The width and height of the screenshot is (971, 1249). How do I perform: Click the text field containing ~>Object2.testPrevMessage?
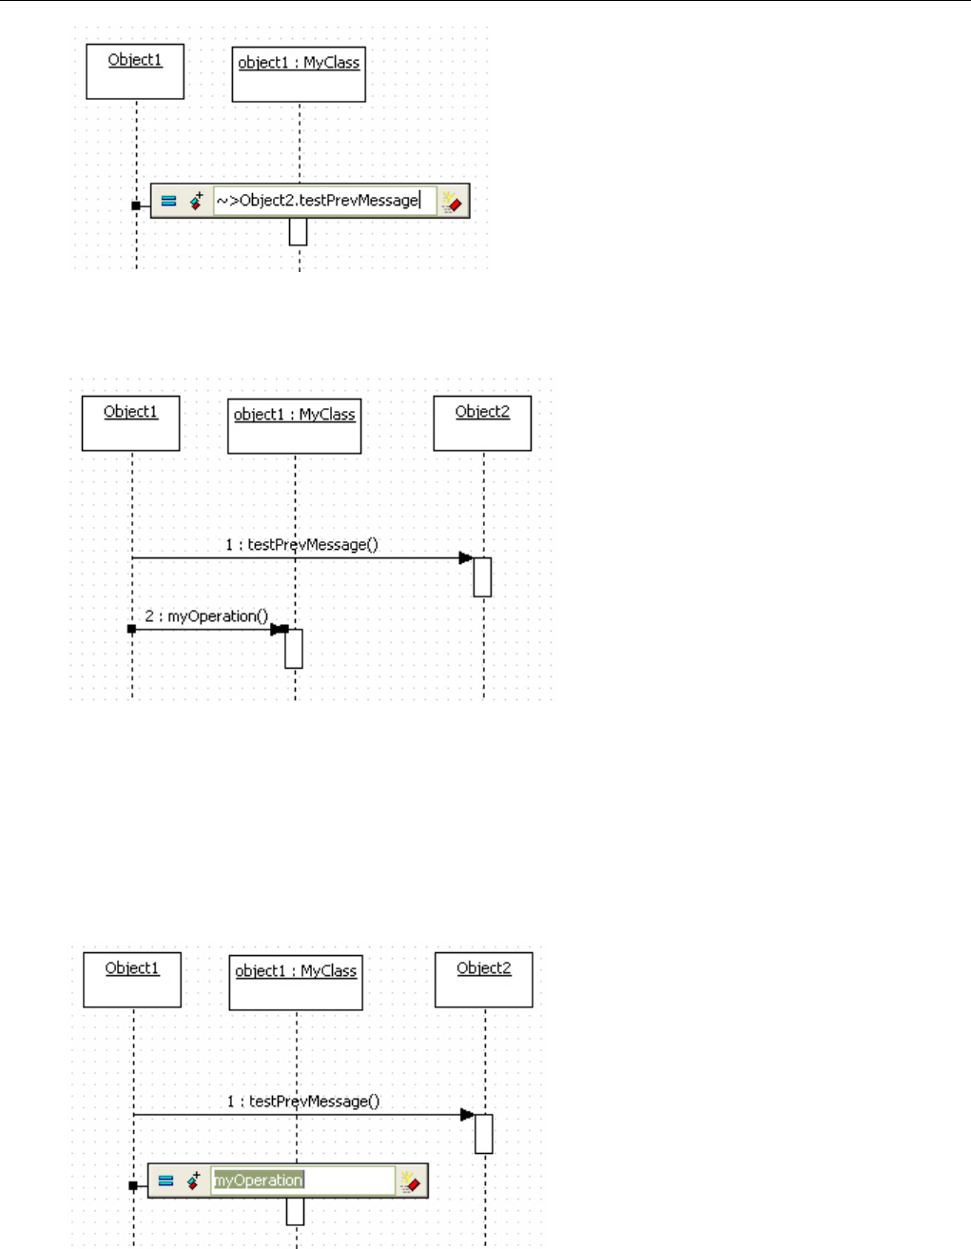click(x=323, y=201)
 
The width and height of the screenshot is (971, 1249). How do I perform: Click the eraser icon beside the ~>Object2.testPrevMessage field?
click(x=452, y=201)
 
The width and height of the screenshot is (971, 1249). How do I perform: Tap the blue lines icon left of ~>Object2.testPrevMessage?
click(x=168, y=201)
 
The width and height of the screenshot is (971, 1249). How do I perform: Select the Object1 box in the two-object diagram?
click(x=135, y=71)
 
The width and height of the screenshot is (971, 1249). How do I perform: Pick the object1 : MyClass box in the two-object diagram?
click(x=299, y=75)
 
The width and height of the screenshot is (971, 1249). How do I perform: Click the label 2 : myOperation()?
click(x=206, y=616)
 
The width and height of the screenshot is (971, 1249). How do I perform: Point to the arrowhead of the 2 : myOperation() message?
click(x=277, y=629)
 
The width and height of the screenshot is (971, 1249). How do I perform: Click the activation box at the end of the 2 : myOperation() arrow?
click(x=294, y=649)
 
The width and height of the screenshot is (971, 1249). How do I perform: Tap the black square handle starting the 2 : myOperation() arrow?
click(x=131, y=629)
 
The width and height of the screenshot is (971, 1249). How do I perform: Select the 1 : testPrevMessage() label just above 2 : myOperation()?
click(x=301, y=545)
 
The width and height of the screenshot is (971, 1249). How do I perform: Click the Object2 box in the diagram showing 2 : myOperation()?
click(x=482, y=423)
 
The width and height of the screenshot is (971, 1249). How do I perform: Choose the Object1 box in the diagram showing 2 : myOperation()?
click(x=131, y=423)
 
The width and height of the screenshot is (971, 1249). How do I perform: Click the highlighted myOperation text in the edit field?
click(x=258, y=1181)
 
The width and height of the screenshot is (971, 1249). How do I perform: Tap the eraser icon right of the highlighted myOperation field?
click(x=410, y=1181)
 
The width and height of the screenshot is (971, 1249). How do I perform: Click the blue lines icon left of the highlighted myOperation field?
click(x=165, y=1181)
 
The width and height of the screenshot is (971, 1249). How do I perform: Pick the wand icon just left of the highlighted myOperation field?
click(x=193, y=1181)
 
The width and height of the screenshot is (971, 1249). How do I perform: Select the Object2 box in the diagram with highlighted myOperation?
click(x=484, y=980)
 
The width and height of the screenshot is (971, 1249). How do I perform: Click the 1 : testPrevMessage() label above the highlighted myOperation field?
click(x=302, y=1102)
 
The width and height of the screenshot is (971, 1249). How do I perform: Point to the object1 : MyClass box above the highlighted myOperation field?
click(x=296, y=983)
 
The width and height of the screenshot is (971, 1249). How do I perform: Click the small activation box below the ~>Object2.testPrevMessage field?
click(x=298, y=232)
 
